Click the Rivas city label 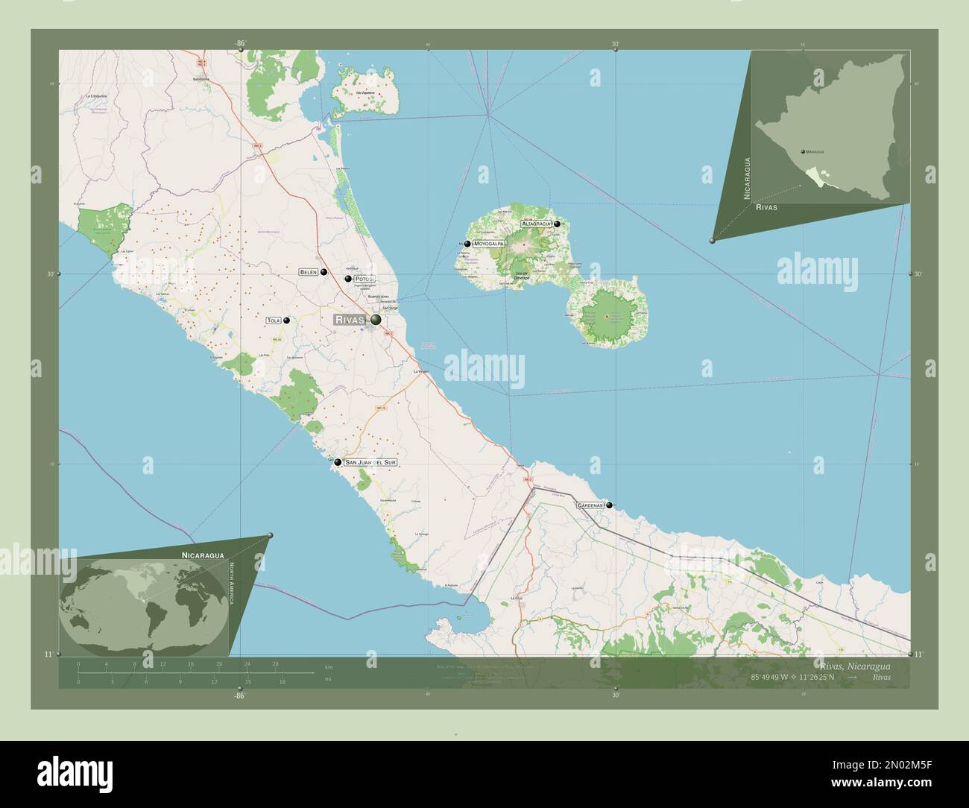[350, 320]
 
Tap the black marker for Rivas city [376, 320]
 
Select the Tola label [273, 321]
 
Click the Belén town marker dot [324, 272]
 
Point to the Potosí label [364, 279]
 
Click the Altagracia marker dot [557, 224]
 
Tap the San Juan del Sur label [370, 462]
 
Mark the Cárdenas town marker [610, 505]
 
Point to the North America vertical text [232, 583]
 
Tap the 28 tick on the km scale [275, 664]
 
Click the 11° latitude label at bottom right [918, 654]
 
